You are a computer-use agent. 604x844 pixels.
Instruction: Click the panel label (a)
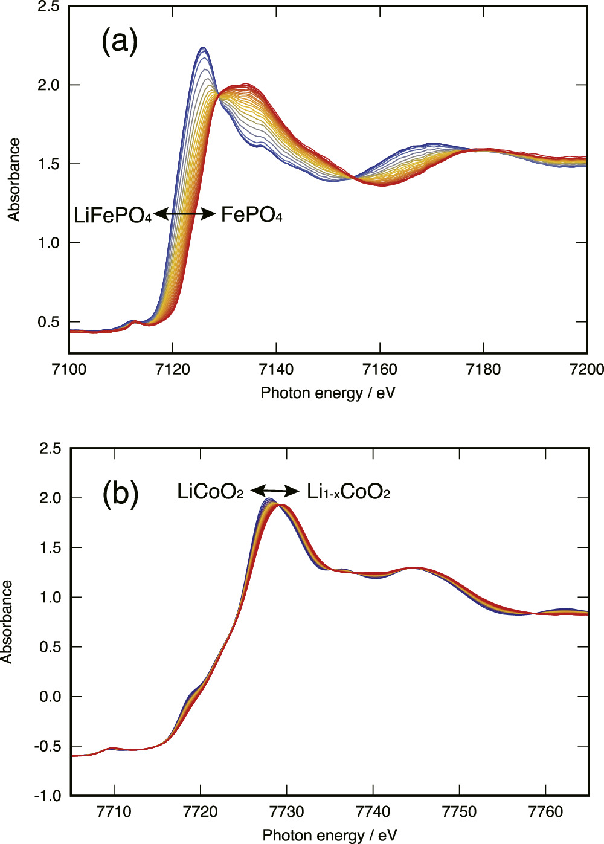tap(120, 42)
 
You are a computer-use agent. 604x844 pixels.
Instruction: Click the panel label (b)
tap(120, 494)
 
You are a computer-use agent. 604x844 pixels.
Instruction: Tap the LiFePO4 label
tap(112, 215)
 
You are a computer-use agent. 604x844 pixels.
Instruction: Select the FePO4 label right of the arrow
tap(251, 214)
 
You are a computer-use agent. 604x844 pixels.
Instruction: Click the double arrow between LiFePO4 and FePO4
tap(185, 214)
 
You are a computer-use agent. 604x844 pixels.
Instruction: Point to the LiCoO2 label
tap(210, 492)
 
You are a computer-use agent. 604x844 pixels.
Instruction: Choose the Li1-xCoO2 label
tap(349, 492)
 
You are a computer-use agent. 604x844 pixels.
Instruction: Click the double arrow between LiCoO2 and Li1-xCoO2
tap(275, 491)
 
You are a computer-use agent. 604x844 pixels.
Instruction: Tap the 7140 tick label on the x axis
tap(276, 369)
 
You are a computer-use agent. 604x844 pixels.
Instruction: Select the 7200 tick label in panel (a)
tap(586, 369)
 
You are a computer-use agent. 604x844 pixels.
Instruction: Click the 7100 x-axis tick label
tap(69, 369)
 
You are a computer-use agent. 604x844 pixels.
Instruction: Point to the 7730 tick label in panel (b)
tap(286, 811)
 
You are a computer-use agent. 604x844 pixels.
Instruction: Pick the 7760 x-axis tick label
tap(545, 811)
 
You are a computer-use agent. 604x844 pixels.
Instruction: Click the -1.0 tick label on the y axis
tap(48, 796)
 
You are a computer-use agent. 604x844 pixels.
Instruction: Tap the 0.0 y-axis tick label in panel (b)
tap(50, 697)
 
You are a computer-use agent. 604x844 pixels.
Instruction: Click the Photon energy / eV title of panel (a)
tap(328, 393)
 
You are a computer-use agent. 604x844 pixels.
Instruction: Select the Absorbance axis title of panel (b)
tap(7, 622)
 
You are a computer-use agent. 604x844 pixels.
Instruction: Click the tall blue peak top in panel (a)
tap(203, 48)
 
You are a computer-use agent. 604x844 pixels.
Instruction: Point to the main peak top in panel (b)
tap(271, 500)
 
